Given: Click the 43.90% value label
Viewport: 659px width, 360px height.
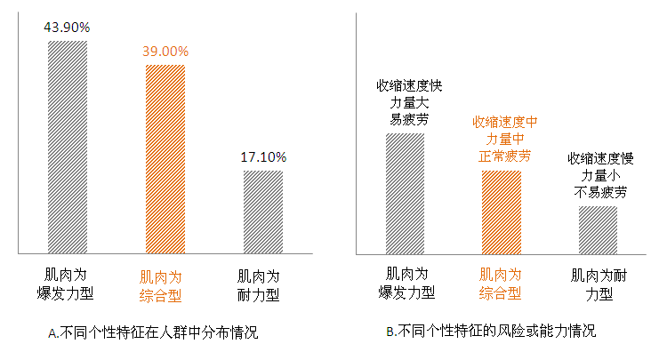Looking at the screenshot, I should (68, 28).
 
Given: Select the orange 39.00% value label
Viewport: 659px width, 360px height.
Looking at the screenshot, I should (165, 52).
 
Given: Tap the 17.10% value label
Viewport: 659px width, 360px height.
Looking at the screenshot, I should (263, 157).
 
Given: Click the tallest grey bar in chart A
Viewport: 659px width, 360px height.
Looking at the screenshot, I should (68, 147).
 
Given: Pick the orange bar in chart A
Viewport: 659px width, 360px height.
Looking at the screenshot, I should (165, 159).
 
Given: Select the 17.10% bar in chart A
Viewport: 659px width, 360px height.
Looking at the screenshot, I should (263, 212).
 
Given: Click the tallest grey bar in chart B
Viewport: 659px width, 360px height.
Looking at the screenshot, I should (405, 193).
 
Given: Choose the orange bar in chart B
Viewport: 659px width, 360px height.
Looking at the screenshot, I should (501, 212).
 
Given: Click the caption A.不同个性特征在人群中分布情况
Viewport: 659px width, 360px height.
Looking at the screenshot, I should (156, 333).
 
